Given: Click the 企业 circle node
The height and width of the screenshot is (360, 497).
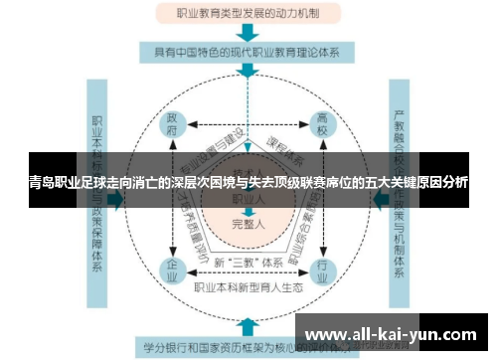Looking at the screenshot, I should tap(173, 270).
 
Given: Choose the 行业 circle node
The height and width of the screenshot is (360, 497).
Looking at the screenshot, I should tap(321, 270).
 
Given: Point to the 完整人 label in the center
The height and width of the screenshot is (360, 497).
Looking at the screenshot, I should tap(248, 225).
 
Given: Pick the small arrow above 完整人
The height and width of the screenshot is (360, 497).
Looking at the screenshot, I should tap(248, 211).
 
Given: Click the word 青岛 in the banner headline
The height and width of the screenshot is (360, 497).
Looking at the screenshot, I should tap(42, 183).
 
